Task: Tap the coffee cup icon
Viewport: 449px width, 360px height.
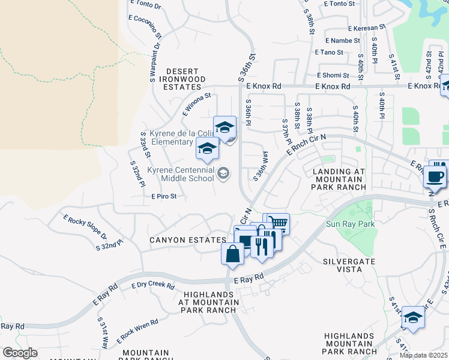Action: (x=435, y=176)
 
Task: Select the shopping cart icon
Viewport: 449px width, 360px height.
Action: (x=276, y=223)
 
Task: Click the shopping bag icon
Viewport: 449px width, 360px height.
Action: (x=232, y=253)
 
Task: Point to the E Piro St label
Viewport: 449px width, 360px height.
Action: (x=164, y=196)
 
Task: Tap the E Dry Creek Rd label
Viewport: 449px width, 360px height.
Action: (x=152, y=285)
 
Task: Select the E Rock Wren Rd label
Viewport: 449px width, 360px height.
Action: (x=137, y=328)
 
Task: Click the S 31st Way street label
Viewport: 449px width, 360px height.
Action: (x=103, y=334)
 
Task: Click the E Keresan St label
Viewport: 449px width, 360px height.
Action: (x=366, y=28)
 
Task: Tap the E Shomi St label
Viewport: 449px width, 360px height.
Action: (x=333, y=76)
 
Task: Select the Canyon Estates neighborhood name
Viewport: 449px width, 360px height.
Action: (x=179, y=240)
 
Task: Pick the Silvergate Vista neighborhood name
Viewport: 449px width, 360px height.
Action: (x=349, y=266)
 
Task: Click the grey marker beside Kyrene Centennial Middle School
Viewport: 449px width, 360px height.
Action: (x=223, y=174)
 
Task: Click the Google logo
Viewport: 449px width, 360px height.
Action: (x=20, y=353)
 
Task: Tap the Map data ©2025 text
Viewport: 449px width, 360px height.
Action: (x=423, y=355)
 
